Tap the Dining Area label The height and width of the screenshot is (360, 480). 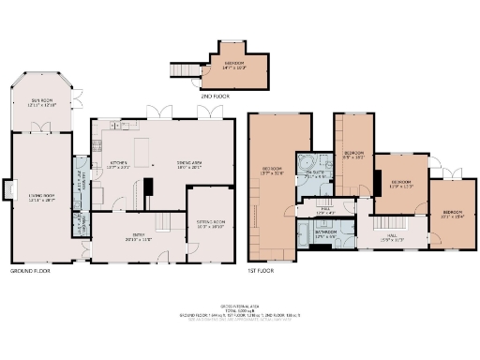click(x=191, y=164)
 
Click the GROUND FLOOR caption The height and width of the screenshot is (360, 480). click(x=30, y=271)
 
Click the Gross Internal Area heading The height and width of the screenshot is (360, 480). click(x=240, y=306)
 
